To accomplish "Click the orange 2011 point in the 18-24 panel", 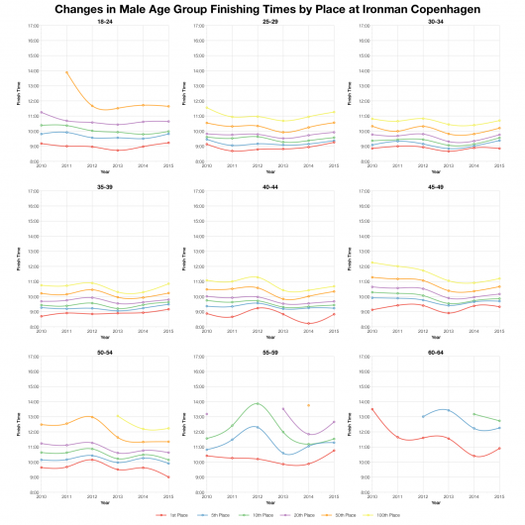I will click(x=66, y=72).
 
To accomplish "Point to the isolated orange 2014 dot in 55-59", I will click(x=308, y=405).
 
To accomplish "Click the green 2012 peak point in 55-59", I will click(x=257, y=403).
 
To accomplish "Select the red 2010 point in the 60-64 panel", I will click(x=372, y=409).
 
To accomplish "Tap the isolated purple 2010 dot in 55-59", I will click(x=206, y=414).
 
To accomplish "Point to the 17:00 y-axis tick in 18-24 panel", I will click(x=32, y=26).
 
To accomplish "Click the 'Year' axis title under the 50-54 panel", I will click(x=105, y=503).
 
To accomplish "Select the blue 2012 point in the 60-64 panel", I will click(x=423, y=416).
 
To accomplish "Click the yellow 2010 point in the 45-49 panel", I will click(x=372, y=262).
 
